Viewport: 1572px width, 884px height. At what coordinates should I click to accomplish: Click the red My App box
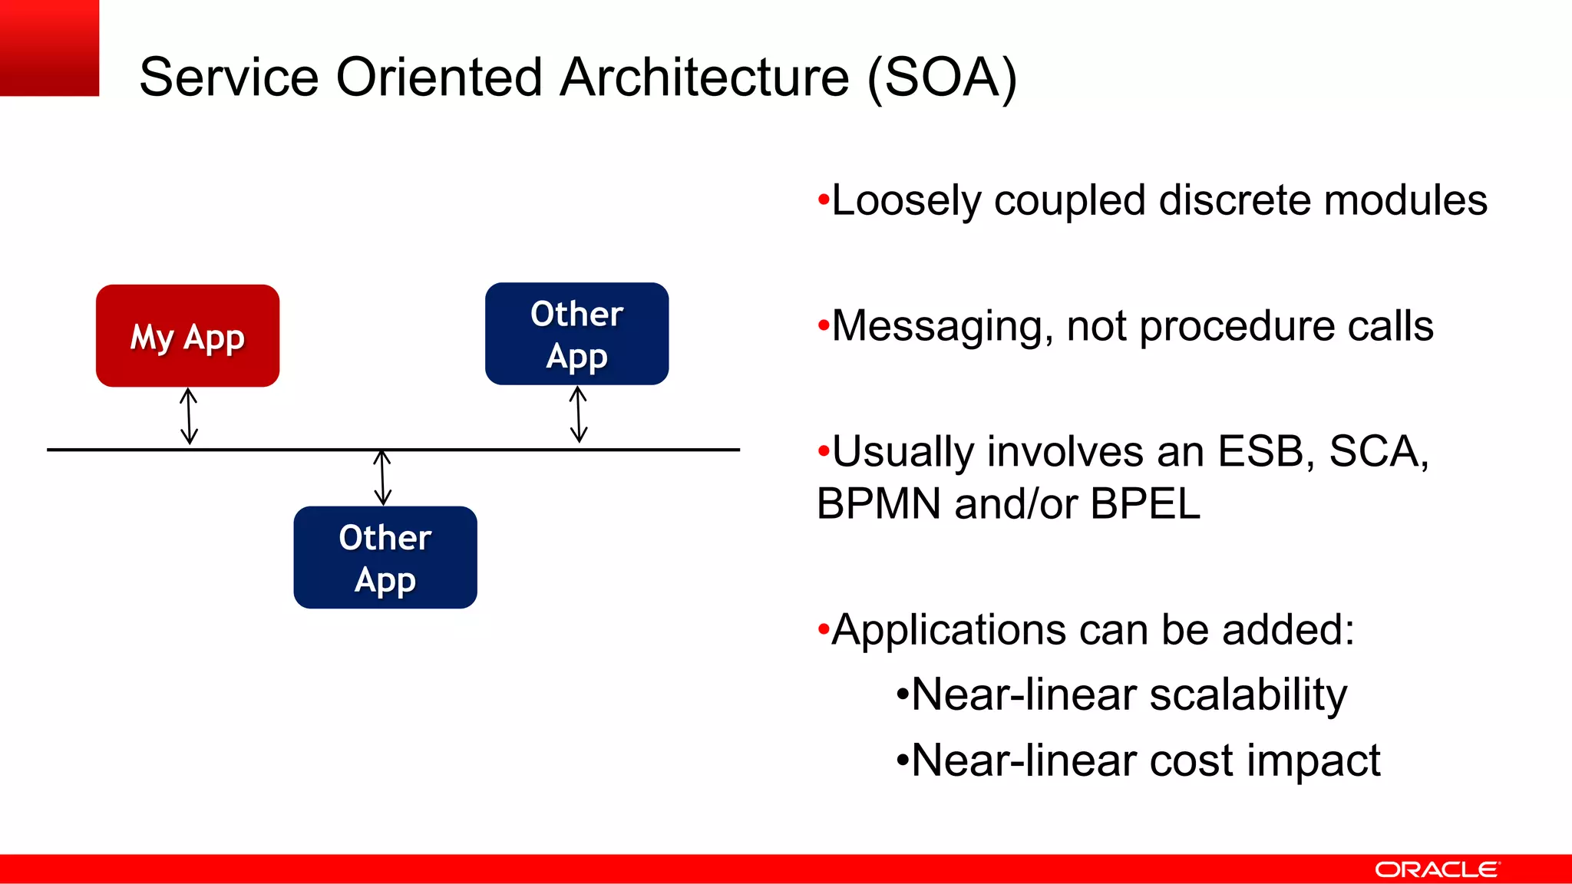187,335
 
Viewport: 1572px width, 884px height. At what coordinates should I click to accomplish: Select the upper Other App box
576,334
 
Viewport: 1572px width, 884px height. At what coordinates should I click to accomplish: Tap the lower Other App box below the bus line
385,557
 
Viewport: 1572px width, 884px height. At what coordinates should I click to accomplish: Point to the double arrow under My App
189,416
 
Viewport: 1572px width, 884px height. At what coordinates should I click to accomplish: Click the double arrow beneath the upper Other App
579,414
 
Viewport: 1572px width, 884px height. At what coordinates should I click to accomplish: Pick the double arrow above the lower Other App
382,477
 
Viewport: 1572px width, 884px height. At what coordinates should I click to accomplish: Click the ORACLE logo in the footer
1436,869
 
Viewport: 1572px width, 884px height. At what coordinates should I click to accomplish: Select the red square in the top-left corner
49,48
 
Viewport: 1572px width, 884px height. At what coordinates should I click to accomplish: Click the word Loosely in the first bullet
906,201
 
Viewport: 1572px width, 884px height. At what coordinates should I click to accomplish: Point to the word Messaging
941,327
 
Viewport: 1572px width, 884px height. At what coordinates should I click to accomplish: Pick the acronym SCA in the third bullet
1375,451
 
